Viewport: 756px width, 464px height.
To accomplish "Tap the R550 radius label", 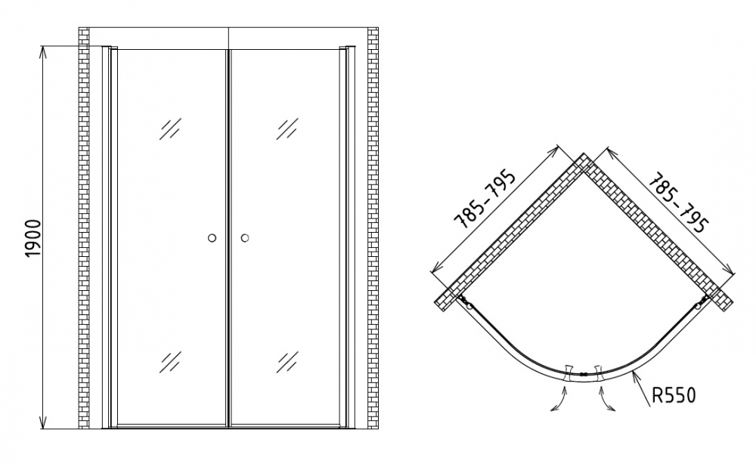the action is [x=674, y=395].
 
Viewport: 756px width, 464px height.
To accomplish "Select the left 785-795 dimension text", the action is [x=485, y=199].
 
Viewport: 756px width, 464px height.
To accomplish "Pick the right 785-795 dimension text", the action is [x=679, y=203].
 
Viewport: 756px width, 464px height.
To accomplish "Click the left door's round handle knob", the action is [x=212, y=237].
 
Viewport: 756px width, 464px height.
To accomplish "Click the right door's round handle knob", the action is [x=245, y=237].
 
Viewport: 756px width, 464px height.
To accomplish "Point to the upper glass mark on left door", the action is [x=171, y=128].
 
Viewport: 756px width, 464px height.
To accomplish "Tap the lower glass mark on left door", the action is [x=171, y=362].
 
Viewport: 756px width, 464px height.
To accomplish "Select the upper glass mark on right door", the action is [x=287, y=128].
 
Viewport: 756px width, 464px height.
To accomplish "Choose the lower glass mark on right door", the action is [x=287, y=362].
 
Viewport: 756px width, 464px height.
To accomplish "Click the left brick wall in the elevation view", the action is [x=84, y=228].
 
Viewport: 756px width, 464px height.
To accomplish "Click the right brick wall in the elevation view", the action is [x=373, y=228].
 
